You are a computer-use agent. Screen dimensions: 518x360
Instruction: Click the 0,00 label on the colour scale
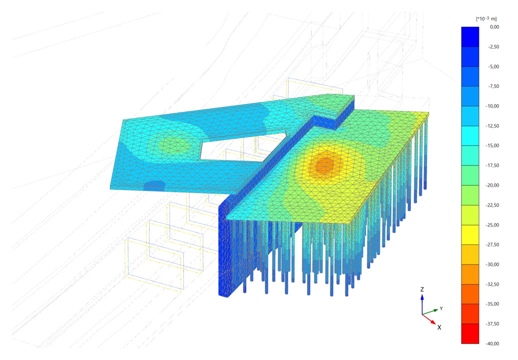[494, 27]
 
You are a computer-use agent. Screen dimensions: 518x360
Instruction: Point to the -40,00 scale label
[492, 343]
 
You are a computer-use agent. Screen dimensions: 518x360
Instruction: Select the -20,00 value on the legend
[492, 185]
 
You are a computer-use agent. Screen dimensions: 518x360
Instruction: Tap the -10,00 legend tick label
[492, 106]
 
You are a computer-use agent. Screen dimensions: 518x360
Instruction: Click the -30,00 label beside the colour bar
[492, 264]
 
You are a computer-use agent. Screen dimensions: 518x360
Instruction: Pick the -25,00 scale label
[492, 225]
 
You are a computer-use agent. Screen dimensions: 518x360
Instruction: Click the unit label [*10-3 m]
[486, 18]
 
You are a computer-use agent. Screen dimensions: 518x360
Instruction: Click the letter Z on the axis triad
[422, 289]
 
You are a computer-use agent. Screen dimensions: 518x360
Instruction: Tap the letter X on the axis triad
[439, 327]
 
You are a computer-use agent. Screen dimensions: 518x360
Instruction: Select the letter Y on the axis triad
[441, 308]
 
